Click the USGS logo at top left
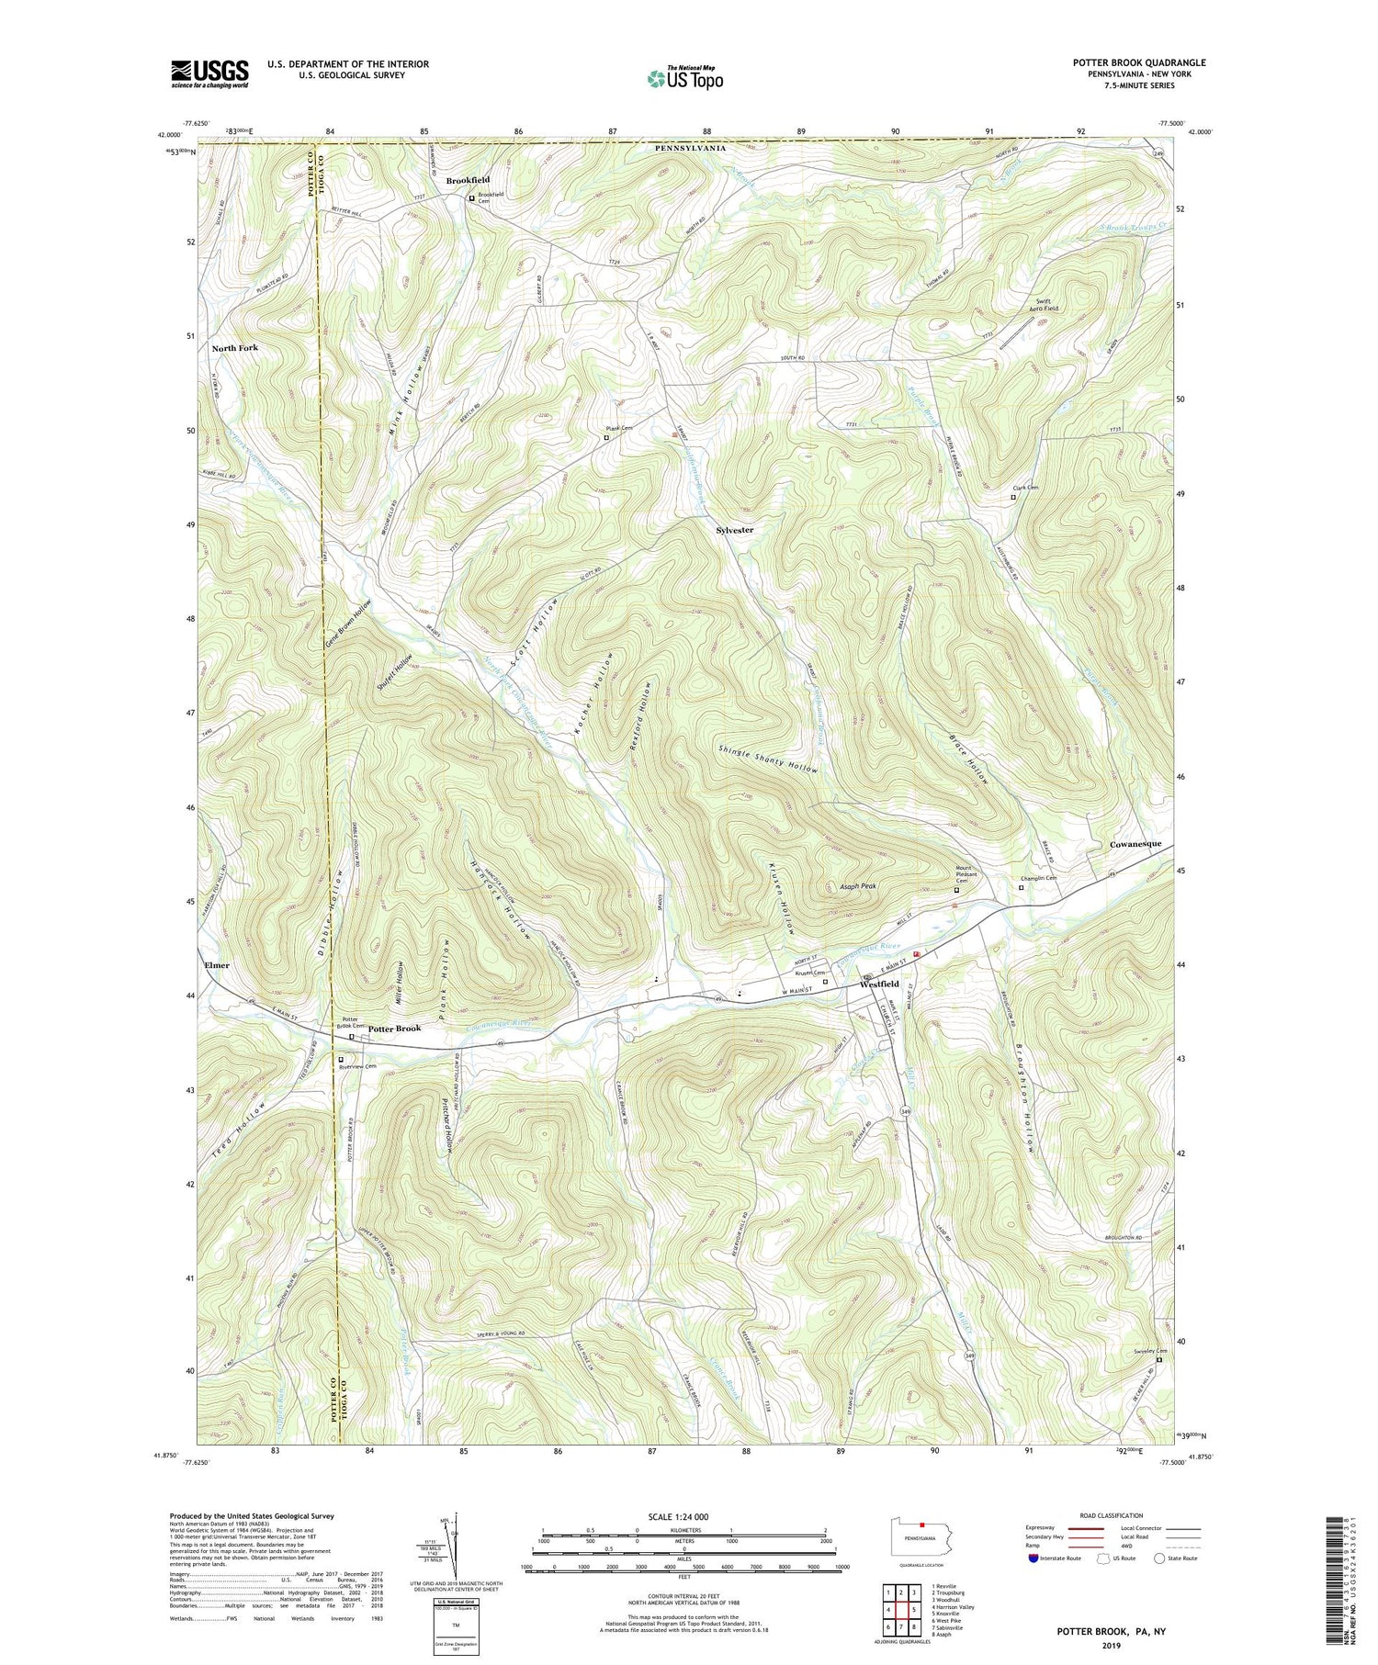point(209,73)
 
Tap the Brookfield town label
point(468,180)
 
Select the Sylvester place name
point(735,530)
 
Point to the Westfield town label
point(879,984)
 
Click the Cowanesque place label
point(1136,843)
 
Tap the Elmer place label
point(217,965)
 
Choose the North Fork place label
point(234,348)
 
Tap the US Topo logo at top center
point(684,77)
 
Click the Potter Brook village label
point(395,1029)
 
